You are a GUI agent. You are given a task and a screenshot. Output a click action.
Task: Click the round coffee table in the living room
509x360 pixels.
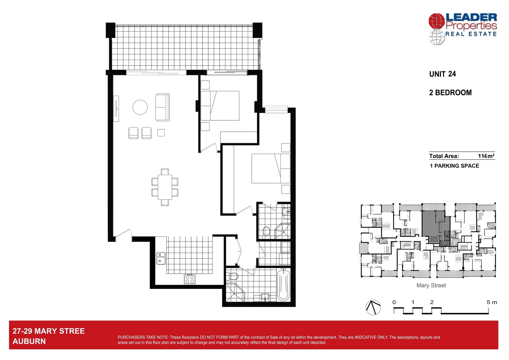[x=140, y=107]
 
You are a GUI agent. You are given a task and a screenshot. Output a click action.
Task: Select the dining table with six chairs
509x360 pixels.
[x=165, y=187]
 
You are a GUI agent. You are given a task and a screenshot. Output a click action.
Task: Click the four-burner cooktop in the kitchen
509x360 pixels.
[x=190, y=279]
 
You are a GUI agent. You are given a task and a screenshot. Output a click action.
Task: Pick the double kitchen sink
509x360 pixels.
[x=161, y=258]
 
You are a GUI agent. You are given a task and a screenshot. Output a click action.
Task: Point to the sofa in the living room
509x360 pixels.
[x=162, y=107]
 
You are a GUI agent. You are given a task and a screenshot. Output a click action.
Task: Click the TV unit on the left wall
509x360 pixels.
[x=116, y=108]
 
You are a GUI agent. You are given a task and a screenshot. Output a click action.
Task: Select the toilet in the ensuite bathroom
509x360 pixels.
[x=266, y=231]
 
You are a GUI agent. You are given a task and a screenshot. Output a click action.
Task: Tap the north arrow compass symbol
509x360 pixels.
[x=373, y=307]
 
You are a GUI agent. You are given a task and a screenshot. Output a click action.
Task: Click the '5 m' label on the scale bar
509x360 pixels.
[x=491, y=302]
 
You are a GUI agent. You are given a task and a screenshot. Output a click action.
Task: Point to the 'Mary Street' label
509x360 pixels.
[x=431, y=285]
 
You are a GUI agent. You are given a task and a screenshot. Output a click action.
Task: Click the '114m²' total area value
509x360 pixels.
[x=486, y=156]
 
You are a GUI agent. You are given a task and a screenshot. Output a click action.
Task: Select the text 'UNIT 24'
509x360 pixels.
[x=442, y=74]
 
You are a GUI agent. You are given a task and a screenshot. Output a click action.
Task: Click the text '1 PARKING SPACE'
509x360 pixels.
[x=454, y=166]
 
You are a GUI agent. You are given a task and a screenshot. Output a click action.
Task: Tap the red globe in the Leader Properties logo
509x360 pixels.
[x=436, y=21]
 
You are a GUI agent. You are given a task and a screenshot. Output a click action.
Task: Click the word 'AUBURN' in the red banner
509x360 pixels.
[x=29, y=341]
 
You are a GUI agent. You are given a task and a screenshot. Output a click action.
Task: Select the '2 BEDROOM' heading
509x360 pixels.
[x=450, y=93]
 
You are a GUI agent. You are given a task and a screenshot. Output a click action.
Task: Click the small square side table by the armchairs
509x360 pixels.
[x=161, y=133]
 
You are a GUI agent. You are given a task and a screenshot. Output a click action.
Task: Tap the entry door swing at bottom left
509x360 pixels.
[x=123, y=233]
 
